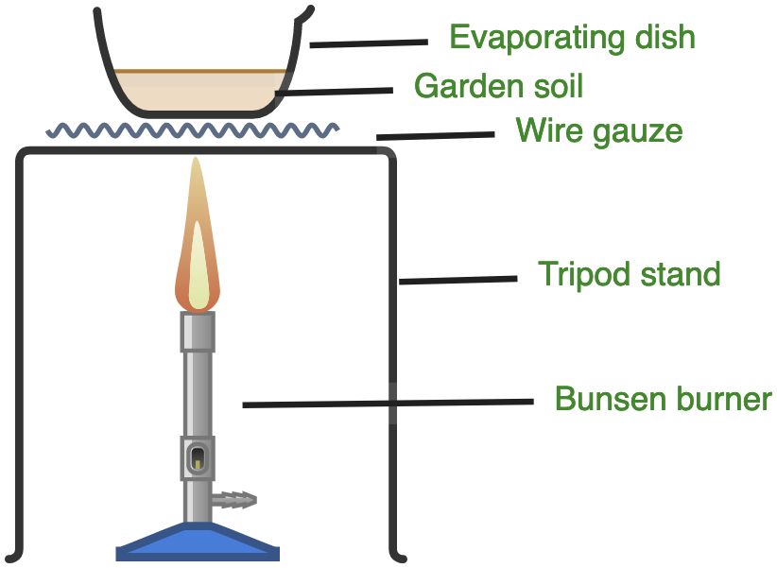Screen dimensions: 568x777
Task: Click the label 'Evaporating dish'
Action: [572, 38]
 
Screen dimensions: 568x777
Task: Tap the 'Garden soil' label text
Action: [498, 87]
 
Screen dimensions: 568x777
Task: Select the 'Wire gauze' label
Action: [598, 130]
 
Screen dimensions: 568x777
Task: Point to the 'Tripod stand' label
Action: [629, 275]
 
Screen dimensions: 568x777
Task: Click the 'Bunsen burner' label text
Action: [663, 399]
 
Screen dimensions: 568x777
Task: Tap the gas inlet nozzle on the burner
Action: [237, 497]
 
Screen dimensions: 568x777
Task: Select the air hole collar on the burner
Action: [198, 459]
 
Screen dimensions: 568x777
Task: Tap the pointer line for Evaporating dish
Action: [369, 43]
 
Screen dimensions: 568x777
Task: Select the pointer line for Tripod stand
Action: [458, 280]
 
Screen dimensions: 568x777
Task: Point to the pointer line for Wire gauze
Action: [435, 136]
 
